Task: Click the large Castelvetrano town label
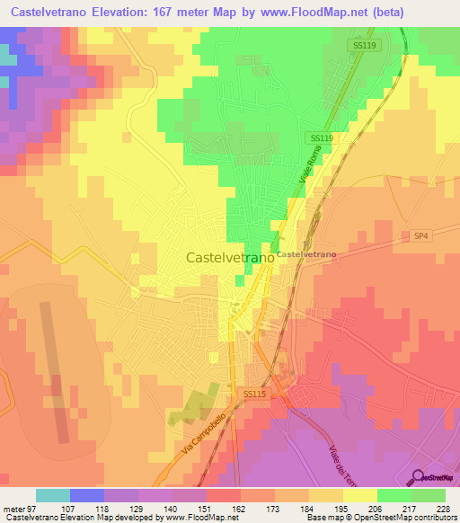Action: click(x=230, y=257)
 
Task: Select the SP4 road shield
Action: click(x=421, y=235)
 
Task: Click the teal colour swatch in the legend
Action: click(x=53, y=495)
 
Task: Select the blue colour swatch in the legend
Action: click(x=87, y=495)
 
